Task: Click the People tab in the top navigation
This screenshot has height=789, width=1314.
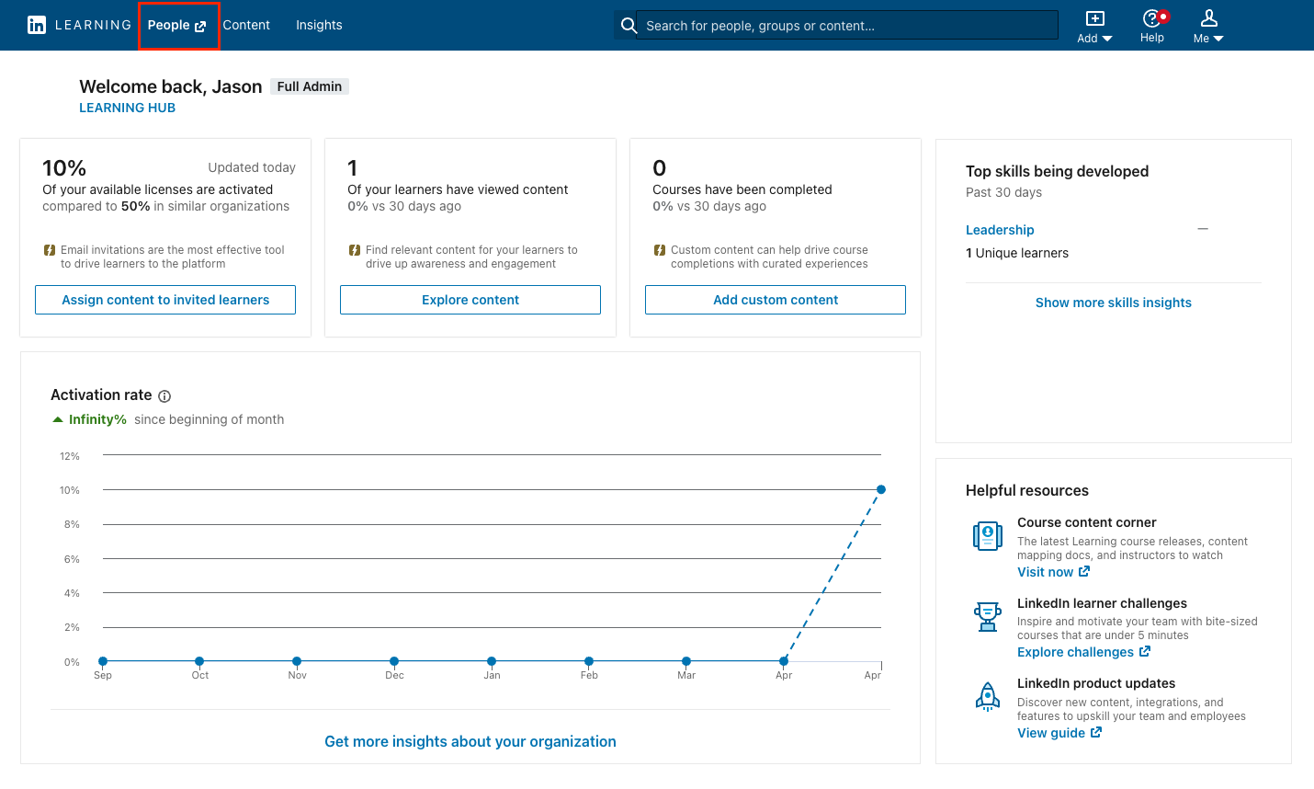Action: (176, 26)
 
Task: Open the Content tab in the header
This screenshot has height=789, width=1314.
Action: (246, 26)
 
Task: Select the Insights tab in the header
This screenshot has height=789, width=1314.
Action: (319, 26)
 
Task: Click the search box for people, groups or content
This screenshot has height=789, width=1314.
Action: (845, 26)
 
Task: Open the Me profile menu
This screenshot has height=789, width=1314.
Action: (1208, 26)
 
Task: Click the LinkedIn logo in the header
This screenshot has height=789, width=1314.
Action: (37, 25)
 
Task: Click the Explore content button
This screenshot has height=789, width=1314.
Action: (470, 300)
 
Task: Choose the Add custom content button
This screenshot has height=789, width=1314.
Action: (776, 300)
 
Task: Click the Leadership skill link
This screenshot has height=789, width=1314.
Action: (1000, 230)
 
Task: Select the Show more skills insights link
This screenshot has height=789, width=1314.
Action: (1113, 303)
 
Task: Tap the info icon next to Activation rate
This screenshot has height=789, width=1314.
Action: (164, 396)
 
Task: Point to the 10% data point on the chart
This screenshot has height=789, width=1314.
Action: (881, 489)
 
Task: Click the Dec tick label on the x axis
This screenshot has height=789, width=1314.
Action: (394, 675)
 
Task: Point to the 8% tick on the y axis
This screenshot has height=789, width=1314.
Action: (72, 524)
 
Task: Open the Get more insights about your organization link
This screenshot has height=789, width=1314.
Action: (470, 741)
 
